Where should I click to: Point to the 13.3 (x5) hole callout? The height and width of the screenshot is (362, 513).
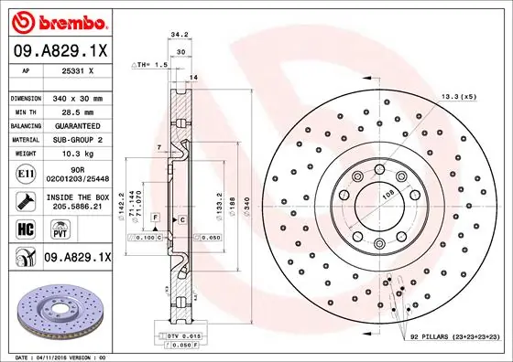tap(458, 96)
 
